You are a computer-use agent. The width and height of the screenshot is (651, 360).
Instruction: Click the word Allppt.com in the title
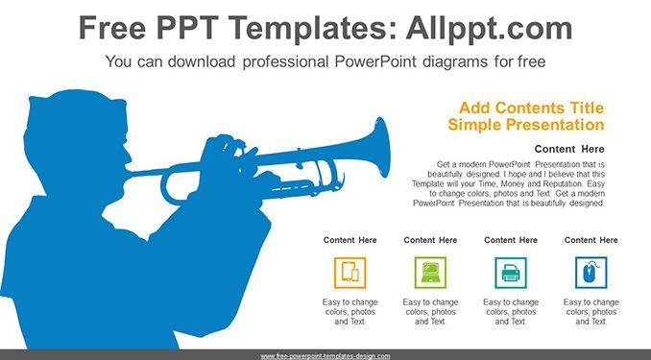[489, 28]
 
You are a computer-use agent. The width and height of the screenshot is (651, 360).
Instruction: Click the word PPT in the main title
[188, 28]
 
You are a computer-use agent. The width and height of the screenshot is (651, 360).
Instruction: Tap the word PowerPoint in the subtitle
[375, 61]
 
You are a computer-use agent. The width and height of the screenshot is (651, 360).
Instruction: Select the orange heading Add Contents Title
[531, 108]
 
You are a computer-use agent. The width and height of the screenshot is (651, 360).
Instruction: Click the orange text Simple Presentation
[526, 124]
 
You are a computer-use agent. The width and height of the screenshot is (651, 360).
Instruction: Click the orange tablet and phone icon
[350, 273]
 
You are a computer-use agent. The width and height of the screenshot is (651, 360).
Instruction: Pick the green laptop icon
[430, 273]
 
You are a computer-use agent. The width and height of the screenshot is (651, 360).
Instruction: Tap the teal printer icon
[511, 273]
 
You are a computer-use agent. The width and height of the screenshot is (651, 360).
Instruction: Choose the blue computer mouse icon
[591, 273]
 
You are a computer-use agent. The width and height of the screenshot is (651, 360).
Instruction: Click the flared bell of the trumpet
[381, 148]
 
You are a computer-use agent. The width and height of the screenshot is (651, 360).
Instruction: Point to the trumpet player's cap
[77, 110]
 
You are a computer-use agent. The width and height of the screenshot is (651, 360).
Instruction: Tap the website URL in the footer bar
[325, 356]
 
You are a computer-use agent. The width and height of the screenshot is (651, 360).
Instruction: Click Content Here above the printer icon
[511, 240]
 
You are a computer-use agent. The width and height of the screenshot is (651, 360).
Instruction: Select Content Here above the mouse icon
[591, 240]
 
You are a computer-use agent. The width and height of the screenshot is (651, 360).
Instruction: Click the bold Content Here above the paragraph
[569, 149]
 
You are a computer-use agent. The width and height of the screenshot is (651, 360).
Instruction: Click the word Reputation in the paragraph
[555, 184]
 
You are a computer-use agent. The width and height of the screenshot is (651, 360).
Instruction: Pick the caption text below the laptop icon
[430, 312]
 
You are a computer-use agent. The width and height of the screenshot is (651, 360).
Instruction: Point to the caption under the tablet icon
[350, 312]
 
